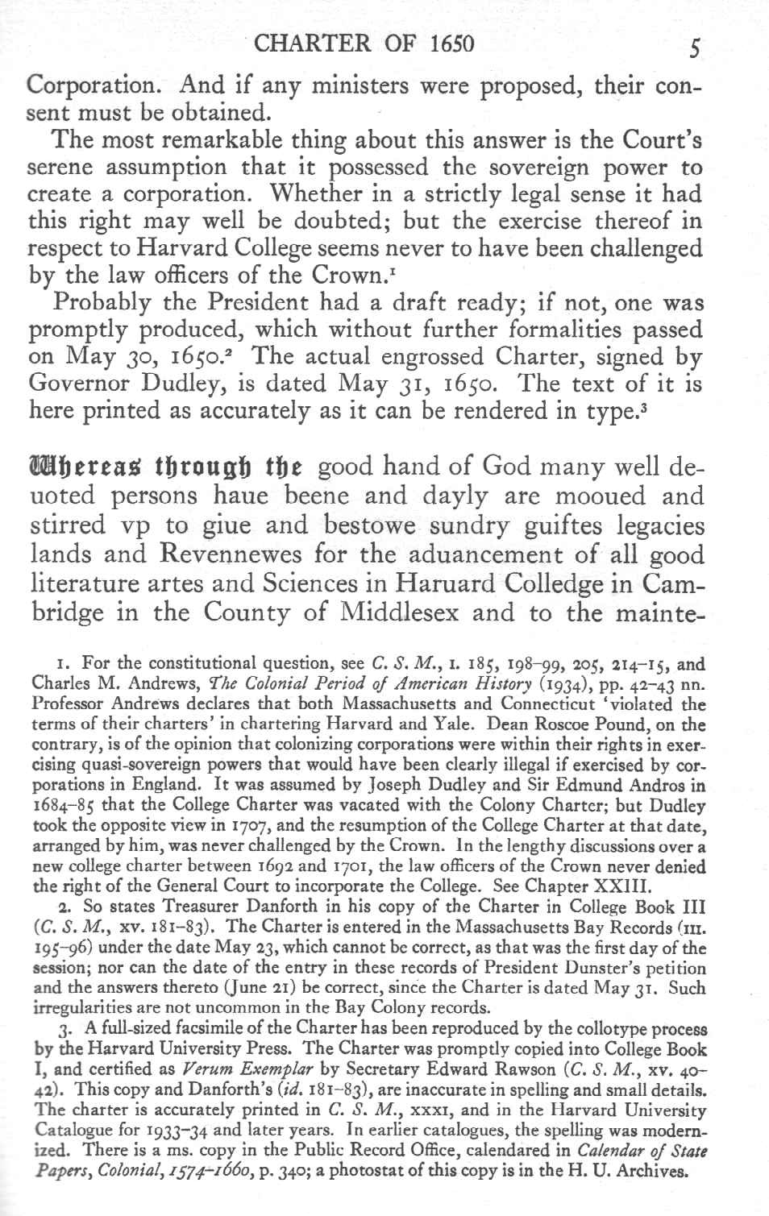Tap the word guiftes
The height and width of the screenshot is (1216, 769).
pos(527,525)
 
